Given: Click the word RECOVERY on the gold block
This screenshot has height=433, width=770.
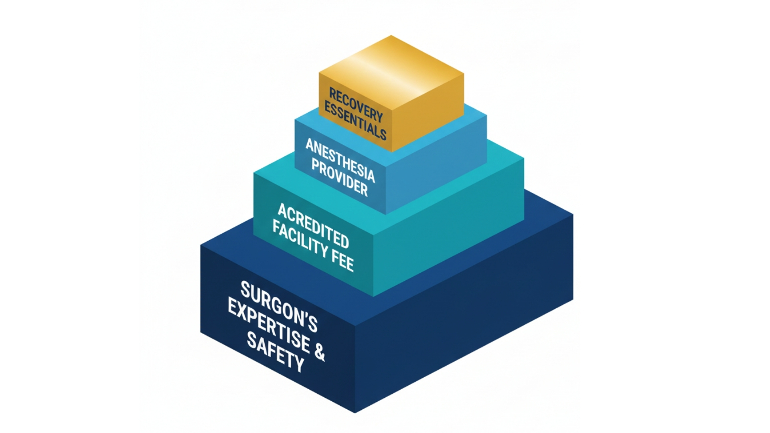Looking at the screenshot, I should pyautogui.click(x=356, y=105).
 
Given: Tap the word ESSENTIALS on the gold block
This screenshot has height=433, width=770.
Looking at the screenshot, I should pyautogui.click(x=355, y=121).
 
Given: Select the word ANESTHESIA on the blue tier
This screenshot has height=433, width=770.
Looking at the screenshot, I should pyautogui.click(x=340, y=160).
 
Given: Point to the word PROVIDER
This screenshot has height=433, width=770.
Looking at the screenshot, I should pyautogui.click(x=340, y=178).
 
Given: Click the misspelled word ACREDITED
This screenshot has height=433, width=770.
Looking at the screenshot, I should pyautogui.click(x=313, y=225).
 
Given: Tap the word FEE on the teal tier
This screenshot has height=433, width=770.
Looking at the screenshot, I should pyautogui.click(x=342, y=260).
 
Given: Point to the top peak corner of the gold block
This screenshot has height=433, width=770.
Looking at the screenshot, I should pyautogui.click(x=391, y=36).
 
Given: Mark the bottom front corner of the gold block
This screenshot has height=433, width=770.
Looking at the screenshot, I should pyautogui.click(x=391, y=152).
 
